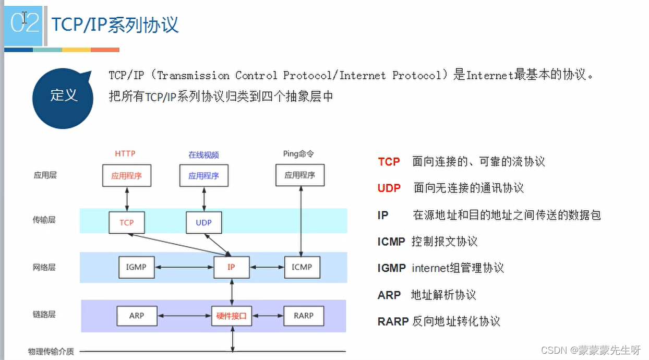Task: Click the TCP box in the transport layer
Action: (x=126, y=223)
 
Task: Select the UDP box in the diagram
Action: (x=203, y=223)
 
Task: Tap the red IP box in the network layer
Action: (x=231, y=267)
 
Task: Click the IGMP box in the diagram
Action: (x=136, y=267)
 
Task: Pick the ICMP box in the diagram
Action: (x=302, y=267)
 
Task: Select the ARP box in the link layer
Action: (x=136, y=316)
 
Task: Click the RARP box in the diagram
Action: (x=303, y=316)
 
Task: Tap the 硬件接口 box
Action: (x=232, y=316)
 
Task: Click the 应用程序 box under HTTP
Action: (x=126, y=176)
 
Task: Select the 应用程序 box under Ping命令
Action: (x=299, y=176)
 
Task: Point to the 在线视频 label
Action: (x=203, y=154)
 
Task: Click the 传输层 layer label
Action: (x=44, y=220)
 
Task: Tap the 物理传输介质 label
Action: (x=51, y=352)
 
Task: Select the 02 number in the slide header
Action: (x=25, y=23)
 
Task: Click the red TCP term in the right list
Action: (x=389, y=162)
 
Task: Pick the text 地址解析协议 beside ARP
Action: (x=443, y=295)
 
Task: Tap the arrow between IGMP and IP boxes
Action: (x=185, y=267)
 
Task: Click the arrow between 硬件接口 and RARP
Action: (x=268, y=316)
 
